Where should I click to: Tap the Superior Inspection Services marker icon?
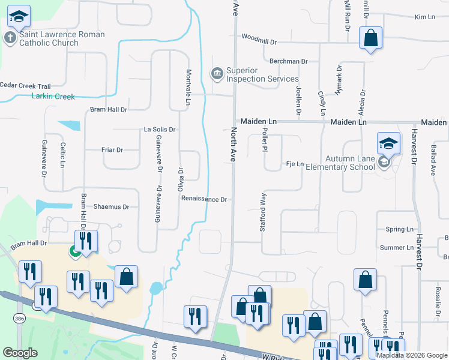216,73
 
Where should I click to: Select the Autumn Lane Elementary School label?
349,163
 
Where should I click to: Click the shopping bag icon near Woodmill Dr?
371,38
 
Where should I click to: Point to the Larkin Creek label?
53,96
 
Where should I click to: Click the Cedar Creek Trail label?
25,86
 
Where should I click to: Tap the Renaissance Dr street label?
204,199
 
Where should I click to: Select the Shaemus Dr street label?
111,206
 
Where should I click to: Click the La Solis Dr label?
159,129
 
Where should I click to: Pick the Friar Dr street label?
112,150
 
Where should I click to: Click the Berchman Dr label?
288,61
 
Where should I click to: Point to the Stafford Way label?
262,212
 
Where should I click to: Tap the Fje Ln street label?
295,164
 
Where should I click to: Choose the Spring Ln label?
400,229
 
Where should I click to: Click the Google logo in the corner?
20,353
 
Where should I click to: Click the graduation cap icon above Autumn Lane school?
388,144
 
